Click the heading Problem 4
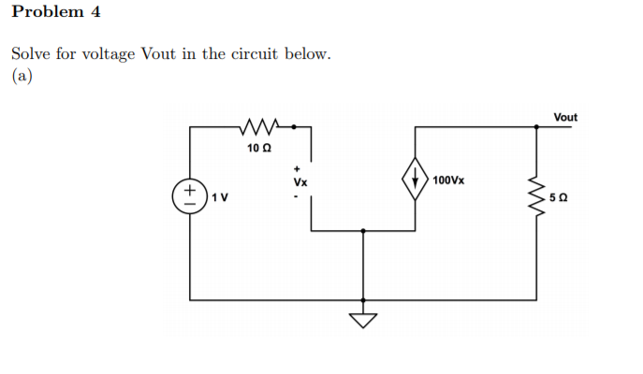click(55, 12)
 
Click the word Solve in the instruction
click(30, 53)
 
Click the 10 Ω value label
click(258, 149)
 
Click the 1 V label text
click(221, 197)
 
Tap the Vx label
click(300, 182)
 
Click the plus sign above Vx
click(299, 168)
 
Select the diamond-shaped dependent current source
click(415, 178)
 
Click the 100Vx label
click(448, 179)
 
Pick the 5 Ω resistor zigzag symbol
click(536, 197)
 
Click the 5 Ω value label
click(559, 198)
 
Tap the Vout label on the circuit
click(565, 117)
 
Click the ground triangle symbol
click(364, 321)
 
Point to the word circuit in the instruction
click(269, 53)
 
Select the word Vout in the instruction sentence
click(160, 53)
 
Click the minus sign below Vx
click(299, 196)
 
